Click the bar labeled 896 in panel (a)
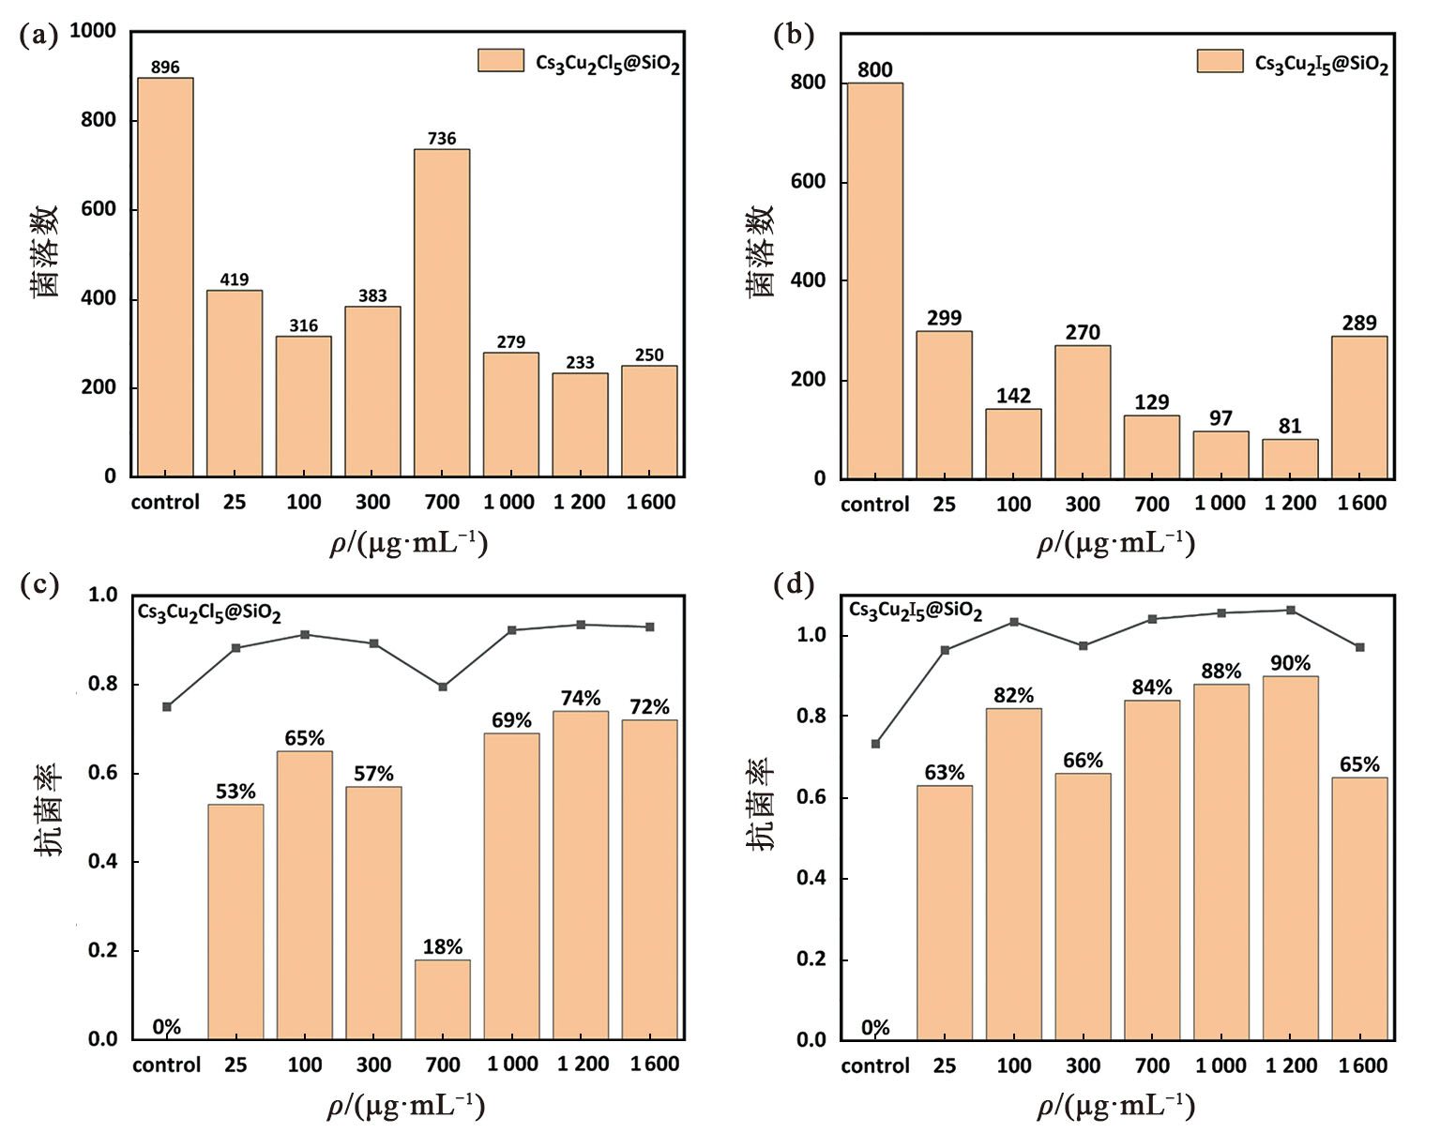pyautogui.click(x=165, y=278)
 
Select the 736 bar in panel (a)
pyautogui.click(x=442, y=313)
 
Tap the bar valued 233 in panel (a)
pyautogui.click(x=580, y=425)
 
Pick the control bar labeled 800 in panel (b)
pyautogui.click(x=874, y=281)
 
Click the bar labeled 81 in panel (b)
pyautogui.click(x=1290, y=460)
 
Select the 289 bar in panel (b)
pyautogui.click(x=1359, y=408)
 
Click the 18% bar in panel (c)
pyautogui.click(x=443, y=1000)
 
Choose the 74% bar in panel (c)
pyautogui.click(x=581, y=875)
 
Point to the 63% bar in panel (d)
pyautogui.click(x=944, y=913)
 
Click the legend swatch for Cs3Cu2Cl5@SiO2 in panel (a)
pyautogui.click(x=501, y=61)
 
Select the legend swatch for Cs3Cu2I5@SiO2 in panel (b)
pyautogui.click(x=1220, y=61)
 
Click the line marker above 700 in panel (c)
pyautogui.click(x=443, y=687)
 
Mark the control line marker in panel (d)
pyautogui.click(x=875, y=744)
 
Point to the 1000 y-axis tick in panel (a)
pyautogui.click(x=92, y=31)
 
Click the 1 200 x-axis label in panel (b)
pyautogui.click(x=1290, y=504)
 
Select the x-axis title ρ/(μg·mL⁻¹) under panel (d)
pyautogui.click(x=1115, y=1107)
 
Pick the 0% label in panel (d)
pyautogui.click(x=875, y=1028)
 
